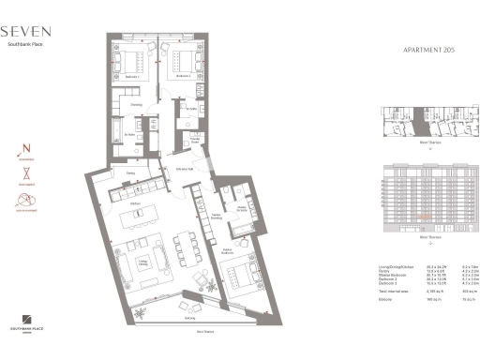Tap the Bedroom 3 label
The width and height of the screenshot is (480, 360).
[x=185, y=75]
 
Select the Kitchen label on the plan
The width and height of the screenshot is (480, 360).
[x=135, y=202]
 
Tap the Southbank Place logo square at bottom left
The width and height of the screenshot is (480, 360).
[x=25, y=321]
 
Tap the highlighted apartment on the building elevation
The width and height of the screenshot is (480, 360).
[x=424, y=218]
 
